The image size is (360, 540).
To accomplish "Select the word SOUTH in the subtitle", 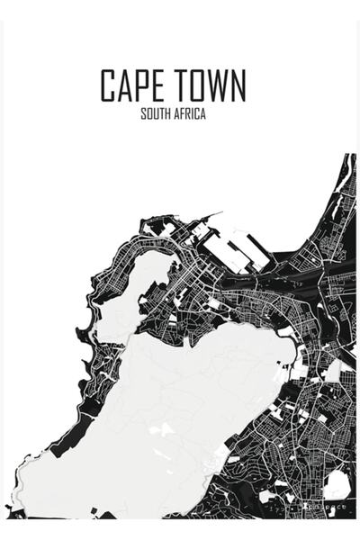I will tap(156, 115).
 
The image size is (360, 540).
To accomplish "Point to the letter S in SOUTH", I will tap(143, 115).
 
